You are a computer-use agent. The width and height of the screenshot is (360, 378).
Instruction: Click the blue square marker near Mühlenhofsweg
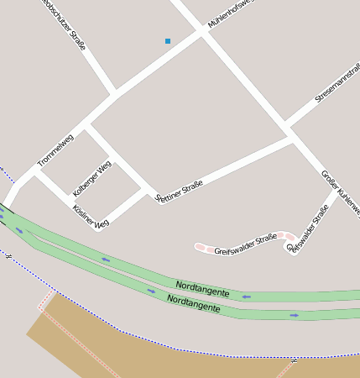(168, 40)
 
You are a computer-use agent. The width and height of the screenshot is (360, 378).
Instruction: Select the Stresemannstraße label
(337, 84)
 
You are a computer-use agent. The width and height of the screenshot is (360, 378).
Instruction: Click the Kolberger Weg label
(91, 178)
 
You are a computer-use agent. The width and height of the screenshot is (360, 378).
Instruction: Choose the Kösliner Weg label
(91, 217)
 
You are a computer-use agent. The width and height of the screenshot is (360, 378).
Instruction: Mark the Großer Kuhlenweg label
(341, 192)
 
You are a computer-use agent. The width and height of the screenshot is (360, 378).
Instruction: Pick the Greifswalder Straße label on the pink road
(245, 244)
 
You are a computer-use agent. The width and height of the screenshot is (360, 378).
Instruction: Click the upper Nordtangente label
(202, 289)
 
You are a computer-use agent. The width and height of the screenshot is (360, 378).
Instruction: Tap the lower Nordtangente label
(193, 303)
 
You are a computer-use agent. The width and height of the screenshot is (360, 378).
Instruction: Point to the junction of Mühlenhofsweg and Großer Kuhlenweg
(201, 32)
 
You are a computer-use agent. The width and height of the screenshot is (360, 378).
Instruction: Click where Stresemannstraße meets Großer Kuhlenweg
(289, 130)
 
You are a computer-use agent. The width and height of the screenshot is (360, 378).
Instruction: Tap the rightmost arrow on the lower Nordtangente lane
(295, 315)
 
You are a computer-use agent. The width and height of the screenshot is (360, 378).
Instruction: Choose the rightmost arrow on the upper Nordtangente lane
(246, 296)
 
